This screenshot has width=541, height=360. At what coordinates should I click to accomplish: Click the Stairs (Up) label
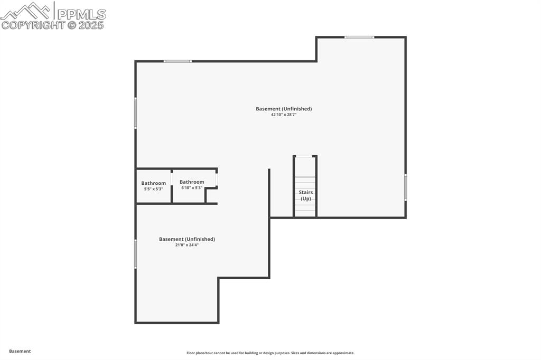coord(306,195)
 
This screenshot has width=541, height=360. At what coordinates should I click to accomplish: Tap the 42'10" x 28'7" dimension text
coord(284,115)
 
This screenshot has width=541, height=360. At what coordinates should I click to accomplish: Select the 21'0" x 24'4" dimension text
coord(187,245)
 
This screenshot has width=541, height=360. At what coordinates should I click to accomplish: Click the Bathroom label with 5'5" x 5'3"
coord(153,183)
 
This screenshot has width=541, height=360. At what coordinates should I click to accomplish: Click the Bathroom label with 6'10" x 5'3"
coord(192,182)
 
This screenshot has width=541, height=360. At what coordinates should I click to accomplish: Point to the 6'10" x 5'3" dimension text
coord(192,187)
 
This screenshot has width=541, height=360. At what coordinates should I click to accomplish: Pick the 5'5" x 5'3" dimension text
coord(153,189)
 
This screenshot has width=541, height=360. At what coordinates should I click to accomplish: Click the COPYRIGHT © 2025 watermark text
coord(52,25)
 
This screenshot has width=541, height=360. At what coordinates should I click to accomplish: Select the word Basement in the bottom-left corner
coord(20,351)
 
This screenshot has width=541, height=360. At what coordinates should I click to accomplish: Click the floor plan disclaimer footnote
coord(270,353)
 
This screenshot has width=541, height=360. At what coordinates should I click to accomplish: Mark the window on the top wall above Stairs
coord(359,37)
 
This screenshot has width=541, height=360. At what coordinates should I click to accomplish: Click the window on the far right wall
coord(405,187)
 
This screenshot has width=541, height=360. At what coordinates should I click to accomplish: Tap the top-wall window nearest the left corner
coord(178,61)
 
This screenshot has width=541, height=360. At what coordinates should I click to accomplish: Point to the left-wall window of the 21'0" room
coord(135,254)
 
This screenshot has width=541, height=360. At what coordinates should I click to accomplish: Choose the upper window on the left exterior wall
coord(135,112)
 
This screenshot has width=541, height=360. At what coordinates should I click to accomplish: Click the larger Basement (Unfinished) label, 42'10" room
coord(284,109)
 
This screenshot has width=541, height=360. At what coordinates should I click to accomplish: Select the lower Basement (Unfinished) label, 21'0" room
coord(187,239)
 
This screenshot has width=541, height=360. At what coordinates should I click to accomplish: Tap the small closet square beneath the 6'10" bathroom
coord(211,196)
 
